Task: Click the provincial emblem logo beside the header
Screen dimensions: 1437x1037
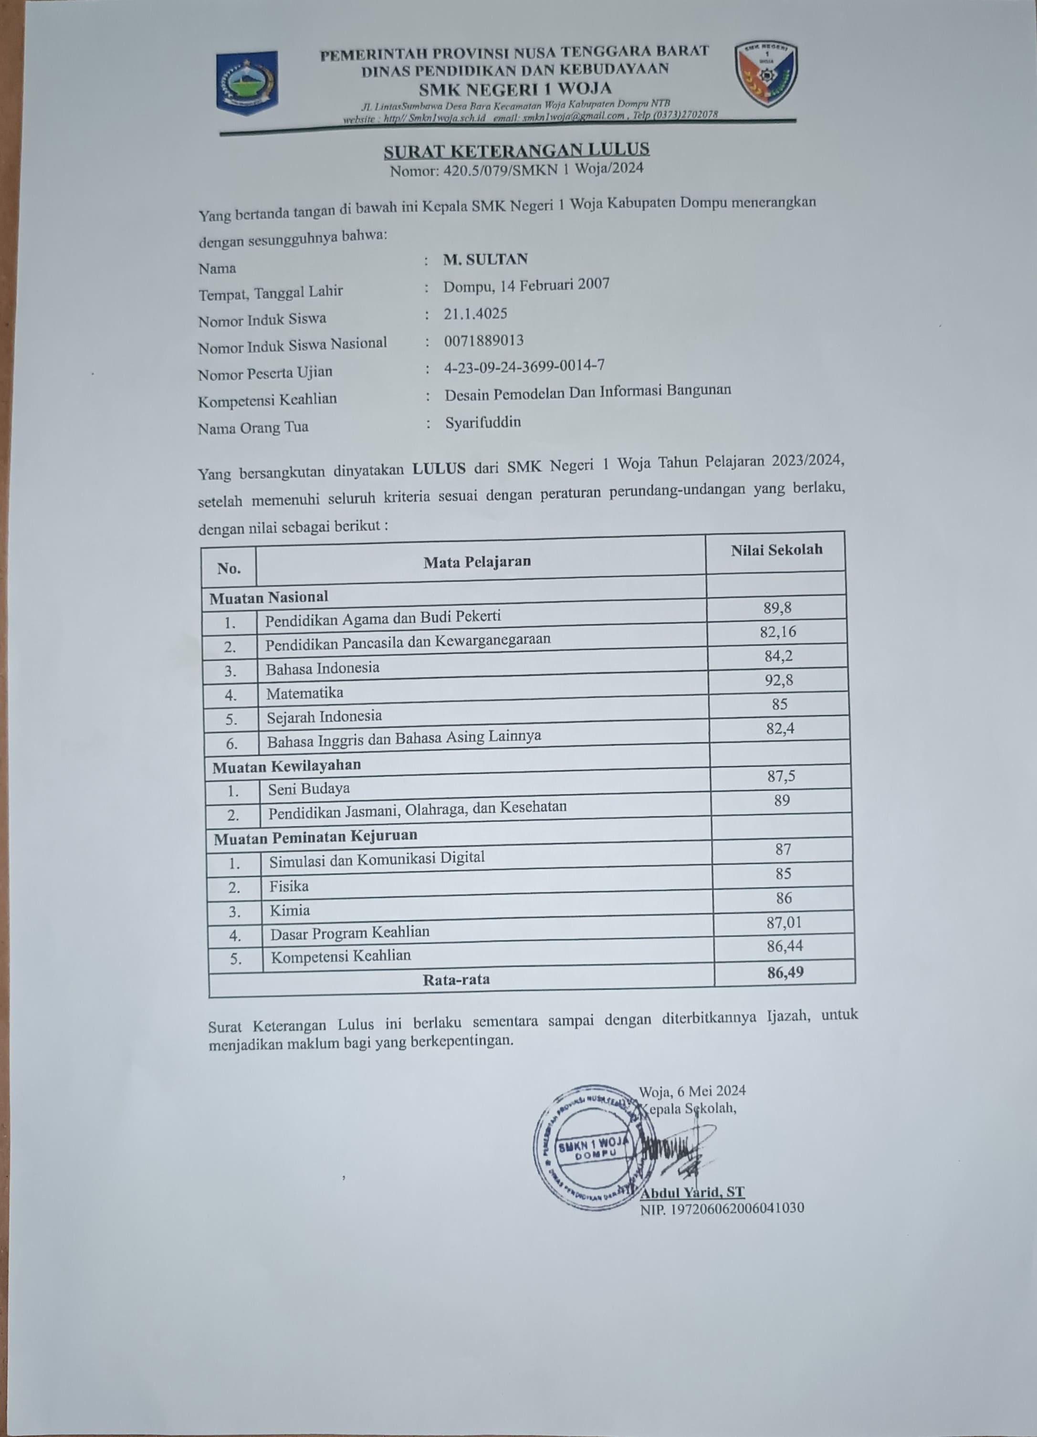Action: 246,83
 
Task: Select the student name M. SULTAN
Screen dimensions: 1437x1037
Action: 485,259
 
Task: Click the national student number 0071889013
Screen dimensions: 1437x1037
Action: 484,341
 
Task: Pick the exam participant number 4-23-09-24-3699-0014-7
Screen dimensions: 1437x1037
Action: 524,366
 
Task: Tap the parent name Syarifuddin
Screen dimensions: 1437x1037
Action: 483,422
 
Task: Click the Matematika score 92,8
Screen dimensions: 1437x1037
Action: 778,681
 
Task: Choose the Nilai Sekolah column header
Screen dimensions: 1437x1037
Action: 776,549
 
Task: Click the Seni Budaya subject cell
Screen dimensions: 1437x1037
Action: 308,789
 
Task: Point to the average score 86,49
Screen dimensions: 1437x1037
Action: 785,972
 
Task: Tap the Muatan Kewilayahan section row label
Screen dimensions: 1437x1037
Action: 286,766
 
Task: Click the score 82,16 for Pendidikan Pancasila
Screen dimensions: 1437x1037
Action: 778,632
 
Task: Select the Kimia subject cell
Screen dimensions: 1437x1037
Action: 290,911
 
